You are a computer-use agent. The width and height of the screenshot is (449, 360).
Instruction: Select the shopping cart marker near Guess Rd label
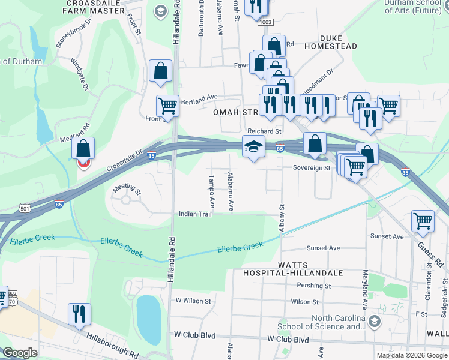point(423,221)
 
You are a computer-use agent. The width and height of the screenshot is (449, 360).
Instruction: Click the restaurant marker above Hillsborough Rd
point(79,314)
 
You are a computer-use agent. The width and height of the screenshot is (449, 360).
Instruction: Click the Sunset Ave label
point(323,248)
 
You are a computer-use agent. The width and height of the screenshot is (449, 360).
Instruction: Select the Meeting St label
point(127,190)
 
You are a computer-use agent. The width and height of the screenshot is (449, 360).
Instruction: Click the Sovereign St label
point(312,169)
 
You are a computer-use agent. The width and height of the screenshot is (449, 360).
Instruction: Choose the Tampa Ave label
point(211,190)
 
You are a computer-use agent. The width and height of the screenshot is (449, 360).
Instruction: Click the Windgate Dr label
point(79,74)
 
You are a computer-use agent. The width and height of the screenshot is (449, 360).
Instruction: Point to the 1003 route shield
point(265,22)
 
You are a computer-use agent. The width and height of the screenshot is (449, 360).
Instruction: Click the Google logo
point(20,353)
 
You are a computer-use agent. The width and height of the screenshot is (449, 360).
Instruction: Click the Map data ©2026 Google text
point(411,355)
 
